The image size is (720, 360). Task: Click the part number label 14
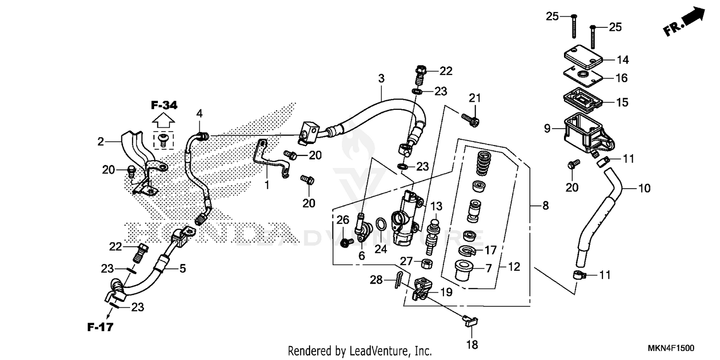[x=623, y=60]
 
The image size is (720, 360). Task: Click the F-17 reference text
[x=100, y=328]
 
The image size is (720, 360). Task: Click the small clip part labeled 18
[x=468, y=321]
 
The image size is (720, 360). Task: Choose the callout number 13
[x=436, y=206]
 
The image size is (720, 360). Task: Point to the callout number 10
[x=644, y=188]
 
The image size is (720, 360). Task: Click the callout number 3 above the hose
[x=381, y=79]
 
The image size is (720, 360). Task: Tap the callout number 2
[x=100, y=142]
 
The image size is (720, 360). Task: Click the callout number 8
[x=545, y=206]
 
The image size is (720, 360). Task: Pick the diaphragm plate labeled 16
[x=581, y=75]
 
